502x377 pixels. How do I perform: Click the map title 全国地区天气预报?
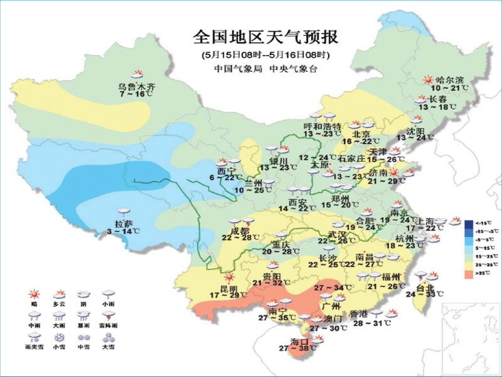(265, 38)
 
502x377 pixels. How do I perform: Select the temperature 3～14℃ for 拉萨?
(124, 231)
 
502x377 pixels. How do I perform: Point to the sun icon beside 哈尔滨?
(427, 80)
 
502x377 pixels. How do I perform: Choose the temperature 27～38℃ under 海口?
(301, 348)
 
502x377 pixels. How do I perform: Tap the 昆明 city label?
(229, 289)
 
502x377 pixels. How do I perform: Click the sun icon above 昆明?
(229, 277)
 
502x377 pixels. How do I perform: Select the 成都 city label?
(239, 231)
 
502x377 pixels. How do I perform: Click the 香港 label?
(374, 314)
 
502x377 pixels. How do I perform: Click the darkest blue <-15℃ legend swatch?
(468, 223)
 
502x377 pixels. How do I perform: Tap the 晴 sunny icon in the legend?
(34, 294)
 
